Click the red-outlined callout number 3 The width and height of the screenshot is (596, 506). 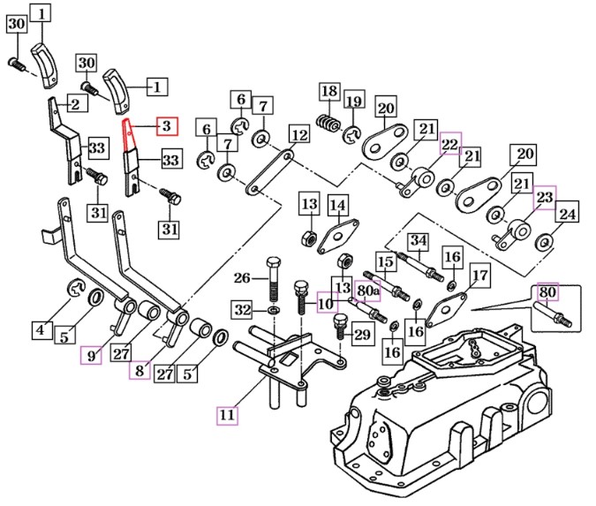[x=167, y=125]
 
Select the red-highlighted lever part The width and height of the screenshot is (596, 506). [x=128, y=135]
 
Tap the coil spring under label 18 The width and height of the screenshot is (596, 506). [x=328, y=123]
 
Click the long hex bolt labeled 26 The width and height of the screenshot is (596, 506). [x=274, y=279]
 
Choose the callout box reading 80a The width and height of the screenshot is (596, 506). [x=366, y=291]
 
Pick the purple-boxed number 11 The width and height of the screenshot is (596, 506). [x=227, y=415]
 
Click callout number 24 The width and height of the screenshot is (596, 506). [x=567, y=214]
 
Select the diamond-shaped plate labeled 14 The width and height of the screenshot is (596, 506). [x=337, y=236]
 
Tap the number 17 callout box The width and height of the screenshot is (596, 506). [x=480, y=276]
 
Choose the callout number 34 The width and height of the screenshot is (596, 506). [x=419, y=241]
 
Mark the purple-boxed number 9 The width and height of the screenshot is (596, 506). [x=91, y=356]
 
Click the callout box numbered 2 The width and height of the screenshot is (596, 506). [x=76, y=103]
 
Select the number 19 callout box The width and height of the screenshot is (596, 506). [x=354, y=102]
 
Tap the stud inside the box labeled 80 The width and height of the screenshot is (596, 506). [x=553, y=314]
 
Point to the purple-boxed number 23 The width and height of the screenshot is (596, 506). [x=545, y=198]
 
